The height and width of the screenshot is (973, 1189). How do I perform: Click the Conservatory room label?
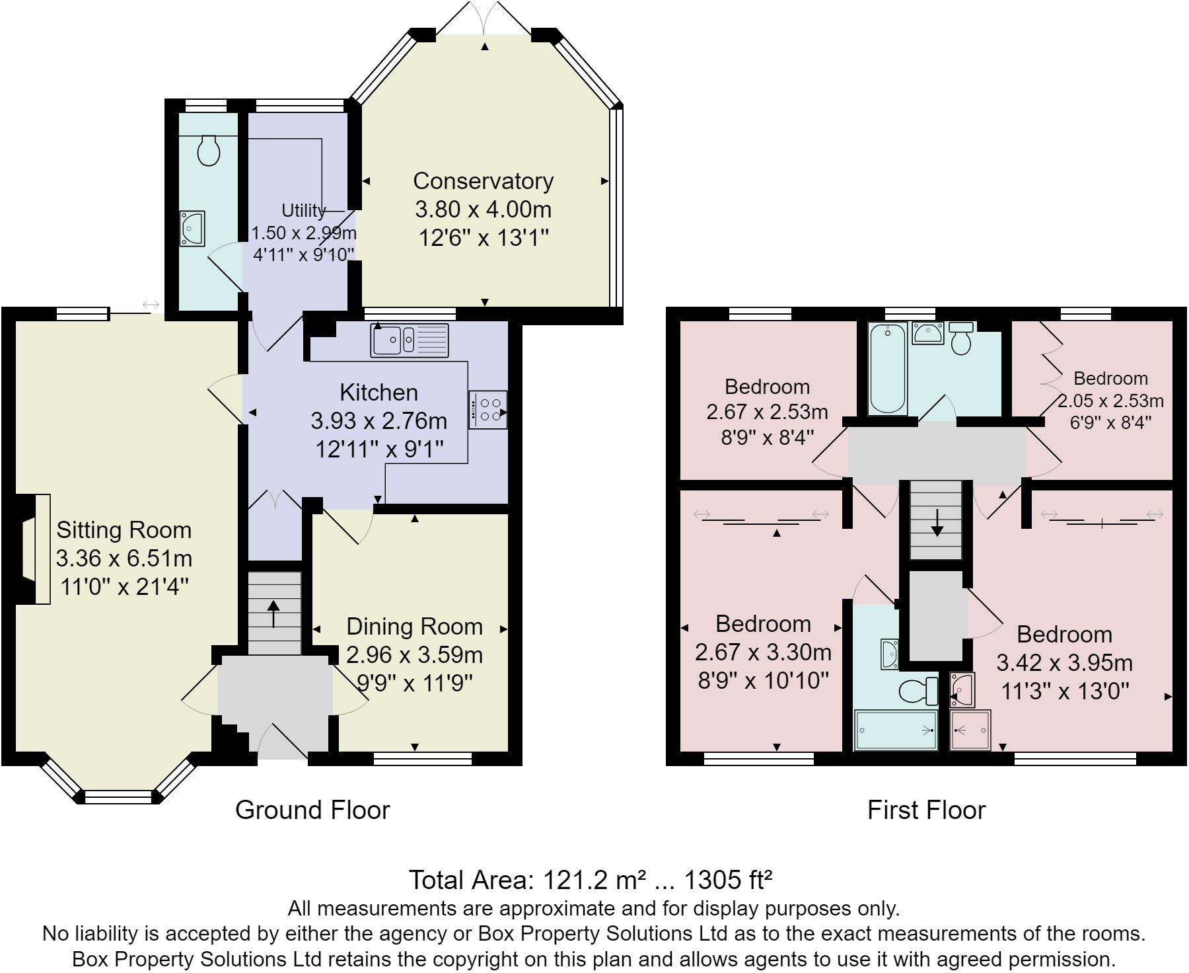[483, 180]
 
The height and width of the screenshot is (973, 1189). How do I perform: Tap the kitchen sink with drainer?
[410, 340]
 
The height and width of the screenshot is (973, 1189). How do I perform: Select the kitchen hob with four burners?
[488, 410]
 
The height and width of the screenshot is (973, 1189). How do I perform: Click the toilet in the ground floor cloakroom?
[209, 151]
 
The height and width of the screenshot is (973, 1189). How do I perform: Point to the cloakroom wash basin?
[192, 228]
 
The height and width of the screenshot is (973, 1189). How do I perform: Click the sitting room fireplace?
[33, 549]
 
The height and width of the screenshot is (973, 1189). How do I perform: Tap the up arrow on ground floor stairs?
[274, 613]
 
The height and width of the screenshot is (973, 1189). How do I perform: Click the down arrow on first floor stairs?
[937, 522]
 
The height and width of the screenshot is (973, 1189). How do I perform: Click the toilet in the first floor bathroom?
[961, 337]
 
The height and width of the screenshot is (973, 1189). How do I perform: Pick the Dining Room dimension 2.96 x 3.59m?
[415, 654]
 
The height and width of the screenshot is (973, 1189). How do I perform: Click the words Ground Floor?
[312, 810]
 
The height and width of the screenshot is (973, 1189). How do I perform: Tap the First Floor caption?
[926, 810]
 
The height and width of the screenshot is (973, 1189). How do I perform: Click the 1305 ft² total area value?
[728, 880]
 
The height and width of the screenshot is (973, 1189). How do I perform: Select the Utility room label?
[304, 210]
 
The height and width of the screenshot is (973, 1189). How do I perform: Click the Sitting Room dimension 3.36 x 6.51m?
[124, 559]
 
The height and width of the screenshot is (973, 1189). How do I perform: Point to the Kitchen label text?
[378, 392]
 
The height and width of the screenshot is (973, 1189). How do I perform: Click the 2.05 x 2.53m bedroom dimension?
[1111, 401]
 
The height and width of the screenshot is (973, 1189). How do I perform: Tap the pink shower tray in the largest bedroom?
[970, 730]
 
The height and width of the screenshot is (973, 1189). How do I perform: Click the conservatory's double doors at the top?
[486, 17]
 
